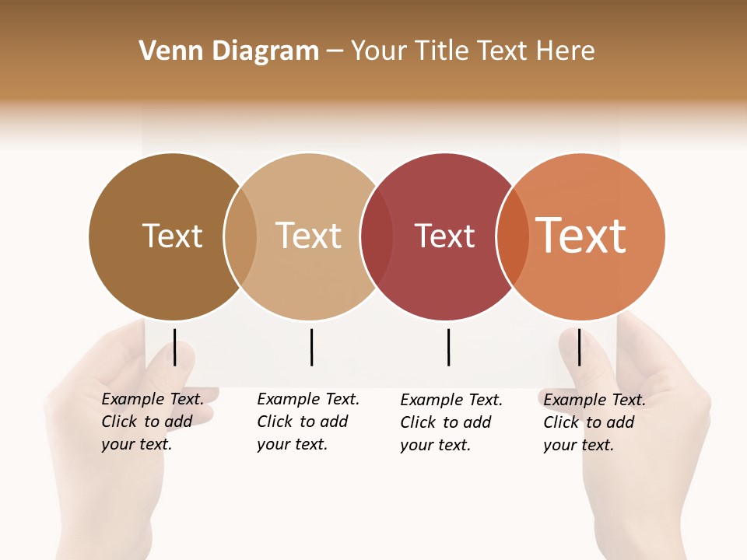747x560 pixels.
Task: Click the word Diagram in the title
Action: coord(265,51)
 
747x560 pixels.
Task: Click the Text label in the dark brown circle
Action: coord(172,236)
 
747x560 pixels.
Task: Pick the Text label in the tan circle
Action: coord(308,236)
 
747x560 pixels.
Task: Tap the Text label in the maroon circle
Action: coord(444,236)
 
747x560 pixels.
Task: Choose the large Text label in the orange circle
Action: coord(581,236)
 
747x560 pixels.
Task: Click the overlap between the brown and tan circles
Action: coord(240,236)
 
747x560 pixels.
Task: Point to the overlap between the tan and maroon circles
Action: coord(377,236)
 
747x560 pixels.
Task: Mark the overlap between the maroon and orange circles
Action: coord(513,236)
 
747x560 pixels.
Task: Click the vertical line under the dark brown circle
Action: coord(174,347)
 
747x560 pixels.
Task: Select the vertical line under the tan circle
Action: coord(311,347)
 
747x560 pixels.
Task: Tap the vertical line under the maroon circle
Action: coord(448,347)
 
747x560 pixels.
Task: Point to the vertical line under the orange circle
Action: coord(579,347)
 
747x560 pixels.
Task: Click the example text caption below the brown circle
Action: coord(152,422)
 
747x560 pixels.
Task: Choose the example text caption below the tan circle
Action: coord(307,422)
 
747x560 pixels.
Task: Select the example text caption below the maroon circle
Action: coord(451,422)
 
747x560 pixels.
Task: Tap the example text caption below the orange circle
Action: coord(594,422)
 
